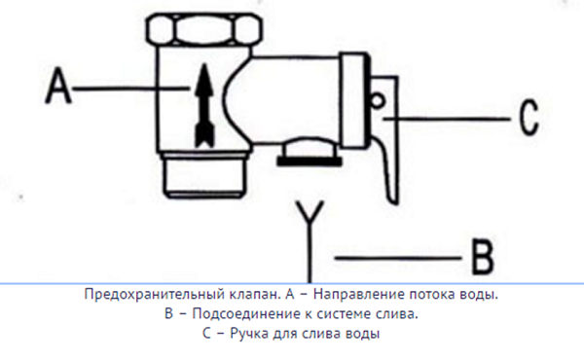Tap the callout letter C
coord(527,119)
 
